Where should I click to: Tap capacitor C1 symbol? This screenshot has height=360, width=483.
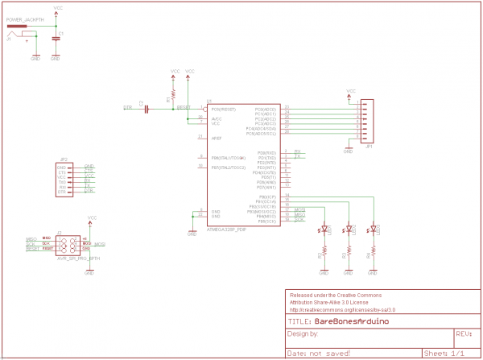tap(56, 38)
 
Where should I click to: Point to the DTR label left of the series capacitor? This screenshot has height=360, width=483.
tap(127, 106)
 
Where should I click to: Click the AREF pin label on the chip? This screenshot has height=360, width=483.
tap(217, 139)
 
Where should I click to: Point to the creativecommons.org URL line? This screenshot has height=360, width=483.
tap(342, 308)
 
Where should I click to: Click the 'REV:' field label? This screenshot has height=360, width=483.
tap(463, 332)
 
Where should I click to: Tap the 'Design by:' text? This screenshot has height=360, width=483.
tap(303, 333)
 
